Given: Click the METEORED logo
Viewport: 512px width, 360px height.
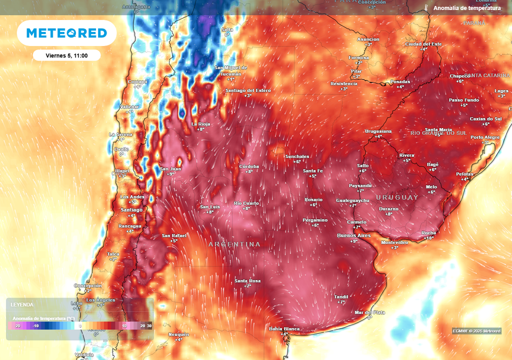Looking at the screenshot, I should pos(66,33).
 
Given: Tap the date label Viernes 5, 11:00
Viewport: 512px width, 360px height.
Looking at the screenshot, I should pos(66,55).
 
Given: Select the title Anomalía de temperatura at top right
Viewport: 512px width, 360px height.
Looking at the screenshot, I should pos(466,8).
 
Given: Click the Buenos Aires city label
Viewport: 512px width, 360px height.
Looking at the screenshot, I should pos(354,235).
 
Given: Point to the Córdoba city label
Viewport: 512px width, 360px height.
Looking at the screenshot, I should pos(248,166).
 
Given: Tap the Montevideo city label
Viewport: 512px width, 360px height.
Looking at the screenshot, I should pos(394,242).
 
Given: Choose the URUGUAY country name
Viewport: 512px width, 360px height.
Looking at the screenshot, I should pos(397,197).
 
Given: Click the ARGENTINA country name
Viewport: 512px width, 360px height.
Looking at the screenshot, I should pos(234,244).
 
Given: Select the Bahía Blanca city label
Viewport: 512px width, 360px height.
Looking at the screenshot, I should pos(284,328).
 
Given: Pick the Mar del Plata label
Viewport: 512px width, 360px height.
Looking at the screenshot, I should pos(369,312).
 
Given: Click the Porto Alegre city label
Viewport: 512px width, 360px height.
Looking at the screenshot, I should pos(485,137).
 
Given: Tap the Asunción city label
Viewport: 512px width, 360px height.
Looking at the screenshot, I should pos(368,39).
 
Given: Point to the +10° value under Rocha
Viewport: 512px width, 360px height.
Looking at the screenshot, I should pos(428,238).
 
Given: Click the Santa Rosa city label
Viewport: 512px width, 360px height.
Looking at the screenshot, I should pos(247,280).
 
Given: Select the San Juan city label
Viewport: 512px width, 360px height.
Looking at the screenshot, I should pos(170,168).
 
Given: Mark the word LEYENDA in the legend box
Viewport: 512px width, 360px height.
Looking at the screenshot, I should pos(22,304).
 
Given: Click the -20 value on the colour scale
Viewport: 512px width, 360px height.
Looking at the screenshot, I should pos(17,325).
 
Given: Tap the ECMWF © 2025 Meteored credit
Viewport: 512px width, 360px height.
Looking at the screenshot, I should pos(476,331).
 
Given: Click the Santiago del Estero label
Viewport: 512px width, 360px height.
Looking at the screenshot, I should pos(248,90).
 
